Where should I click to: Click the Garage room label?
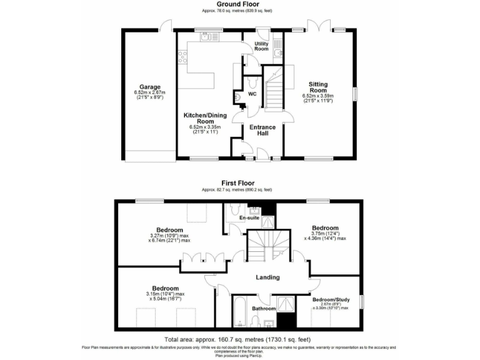[x=150, y=87]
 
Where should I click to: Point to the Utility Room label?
[x=261, y=46]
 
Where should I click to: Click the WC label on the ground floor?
[x=252, y=94]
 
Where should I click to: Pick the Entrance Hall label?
[x=262, y=130]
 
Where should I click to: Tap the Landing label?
[x=267, y=277]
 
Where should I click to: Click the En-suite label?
[x=249, y=218]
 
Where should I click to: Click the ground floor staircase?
[x=272, y=91]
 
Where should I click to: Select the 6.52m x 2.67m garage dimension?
[x=150, y=93]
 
